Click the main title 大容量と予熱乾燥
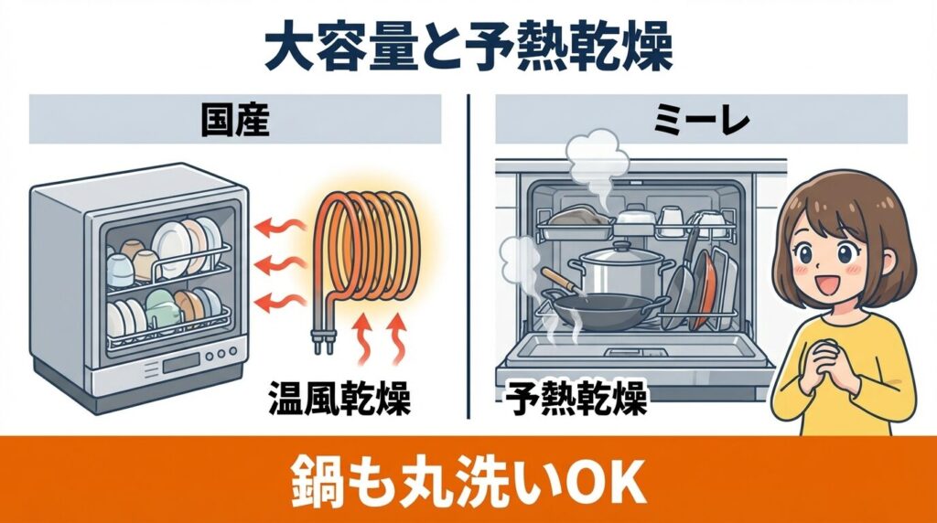pos(468,48)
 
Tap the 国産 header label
pos(235,121)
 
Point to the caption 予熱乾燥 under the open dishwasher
pos(576,399)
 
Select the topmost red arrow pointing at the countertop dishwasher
pos(271,224)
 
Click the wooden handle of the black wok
pos(557,278)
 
